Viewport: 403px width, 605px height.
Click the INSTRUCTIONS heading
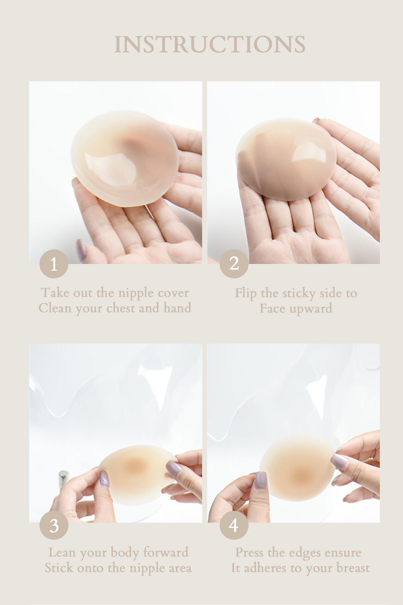(210, 45)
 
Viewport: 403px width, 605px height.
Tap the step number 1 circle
(54, 264)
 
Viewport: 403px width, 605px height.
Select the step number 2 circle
(234, 264)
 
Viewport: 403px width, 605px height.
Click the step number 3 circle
(54, 525)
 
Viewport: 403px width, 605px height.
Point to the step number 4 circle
(234, 525)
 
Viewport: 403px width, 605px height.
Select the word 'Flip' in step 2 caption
(246, 294)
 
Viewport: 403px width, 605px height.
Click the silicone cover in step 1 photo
(124, 158)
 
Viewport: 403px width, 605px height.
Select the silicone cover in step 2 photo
(286, 160)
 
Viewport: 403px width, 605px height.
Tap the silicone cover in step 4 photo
(298, 468)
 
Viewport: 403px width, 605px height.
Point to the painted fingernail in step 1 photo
(81, 250)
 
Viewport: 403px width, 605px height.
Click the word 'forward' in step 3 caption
(165, 552)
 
